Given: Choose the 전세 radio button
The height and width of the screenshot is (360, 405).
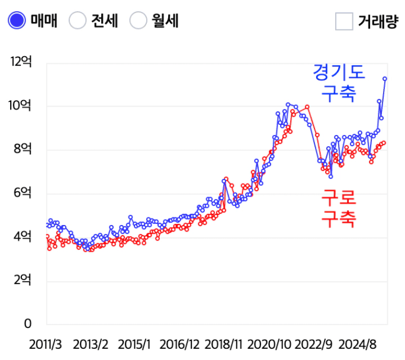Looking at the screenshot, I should coord(78,21).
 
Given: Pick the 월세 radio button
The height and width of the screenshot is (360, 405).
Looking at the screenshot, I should coord(139,21).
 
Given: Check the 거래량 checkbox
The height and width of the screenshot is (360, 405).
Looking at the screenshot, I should coord(345,21).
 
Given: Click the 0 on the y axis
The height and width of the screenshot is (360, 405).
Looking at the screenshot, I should coord(27,324).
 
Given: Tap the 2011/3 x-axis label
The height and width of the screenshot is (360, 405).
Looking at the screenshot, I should coord(46,344).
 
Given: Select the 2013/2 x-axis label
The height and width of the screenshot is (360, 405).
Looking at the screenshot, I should coord(91,344).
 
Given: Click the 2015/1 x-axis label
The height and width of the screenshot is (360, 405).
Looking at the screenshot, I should coord(134,344).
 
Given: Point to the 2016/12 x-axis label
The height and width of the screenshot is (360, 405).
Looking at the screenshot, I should coord(179,344).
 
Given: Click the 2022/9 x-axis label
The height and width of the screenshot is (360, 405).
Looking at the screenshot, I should coord(314,344).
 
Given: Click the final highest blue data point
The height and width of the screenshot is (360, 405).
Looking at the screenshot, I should coord(385,78).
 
